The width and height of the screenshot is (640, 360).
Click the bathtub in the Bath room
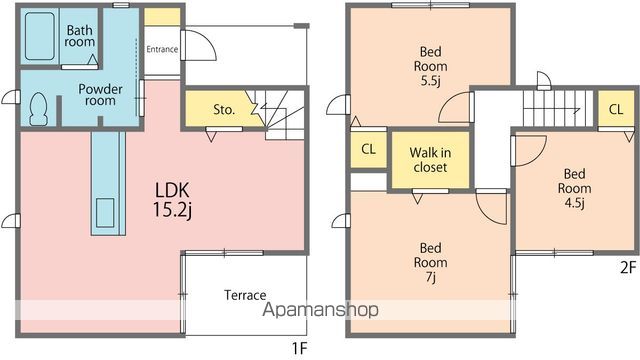click(40, 36)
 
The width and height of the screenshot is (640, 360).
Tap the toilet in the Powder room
click(39, 109)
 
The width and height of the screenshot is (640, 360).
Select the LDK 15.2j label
click(172, 200)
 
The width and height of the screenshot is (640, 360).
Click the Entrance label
click(162, 49)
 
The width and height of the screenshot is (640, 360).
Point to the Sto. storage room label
click(224, 109)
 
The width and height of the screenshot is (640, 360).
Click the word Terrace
click(245, 295)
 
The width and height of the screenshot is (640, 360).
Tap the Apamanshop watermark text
click(320, 310)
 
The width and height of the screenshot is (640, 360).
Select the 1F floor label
click(299, 348)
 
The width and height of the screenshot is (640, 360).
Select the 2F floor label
click(628, 267)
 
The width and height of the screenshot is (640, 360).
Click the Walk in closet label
click(430, 160)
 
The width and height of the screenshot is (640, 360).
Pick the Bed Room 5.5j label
click(431, 66)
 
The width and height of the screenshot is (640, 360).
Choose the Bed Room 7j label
click(431, 262)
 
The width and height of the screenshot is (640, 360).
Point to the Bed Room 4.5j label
click(574, 188)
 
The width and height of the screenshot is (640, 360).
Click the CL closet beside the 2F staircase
click(616, 109)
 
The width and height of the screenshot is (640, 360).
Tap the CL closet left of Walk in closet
click(369, 149)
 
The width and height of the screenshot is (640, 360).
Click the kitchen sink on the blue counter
click(105, 212)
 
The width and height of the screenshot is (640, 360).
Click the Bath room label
click(80, 36)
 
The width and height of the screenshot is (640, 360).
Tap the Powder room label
click(100, 95)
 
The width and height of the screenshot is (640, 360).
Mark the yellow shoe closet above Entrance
click(162, 17)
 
